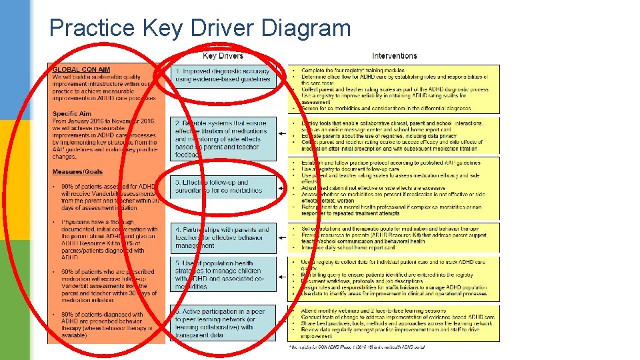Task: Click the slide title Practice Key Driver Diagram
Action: click(x=200, y=28)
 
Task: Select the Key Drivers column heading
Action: click(x=223, y=56)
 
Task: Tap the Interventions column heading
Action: click(x=395, y=56)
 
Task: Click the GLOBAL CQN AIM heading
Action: click(x=81, y=69)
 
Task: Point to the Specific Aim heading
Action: click(x=72, y=114)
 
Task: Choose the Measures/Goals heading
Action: click(x=78, y=173)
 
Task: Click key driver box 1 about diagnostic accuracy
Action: click(x=223, y=75)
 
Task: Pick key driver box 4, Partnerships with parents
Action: click(x=223, y=238)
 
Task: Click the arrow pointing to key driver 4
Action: click(x=282, y=237)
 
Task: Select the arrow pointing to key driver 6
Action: click(x=282, y=323)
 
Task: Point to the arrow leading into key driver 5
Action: click(x=282, y=275)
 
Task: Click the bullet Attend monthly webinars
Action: click(x=373, y=311)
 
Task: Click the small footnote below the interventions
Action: click(x=357, y=347)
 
